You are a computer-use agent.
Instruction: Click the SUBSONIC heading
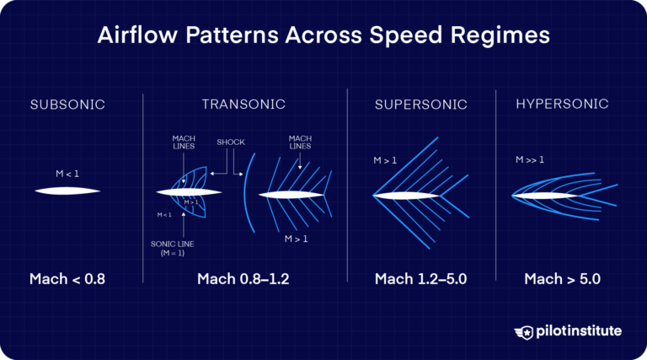coord(67,105)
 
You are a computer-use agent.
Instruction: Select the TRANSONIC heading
coord(243,105)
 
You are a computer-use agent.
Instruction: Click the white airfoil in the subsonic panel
coord(67,191)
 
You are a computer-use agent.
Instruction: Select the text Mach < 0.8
coord(67,279)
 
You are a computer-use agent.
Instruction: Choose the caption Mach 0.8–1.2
coord(243,279)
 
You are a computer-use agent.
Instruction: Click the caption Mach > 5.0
coord(562,279)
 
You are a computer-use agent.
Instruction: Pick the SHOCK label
coord(230,142)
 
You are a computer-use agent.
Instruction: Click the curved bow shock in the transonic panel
coord(246,194)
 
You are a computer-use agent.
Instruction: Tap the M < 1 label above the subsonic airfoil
coord(67,174)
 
